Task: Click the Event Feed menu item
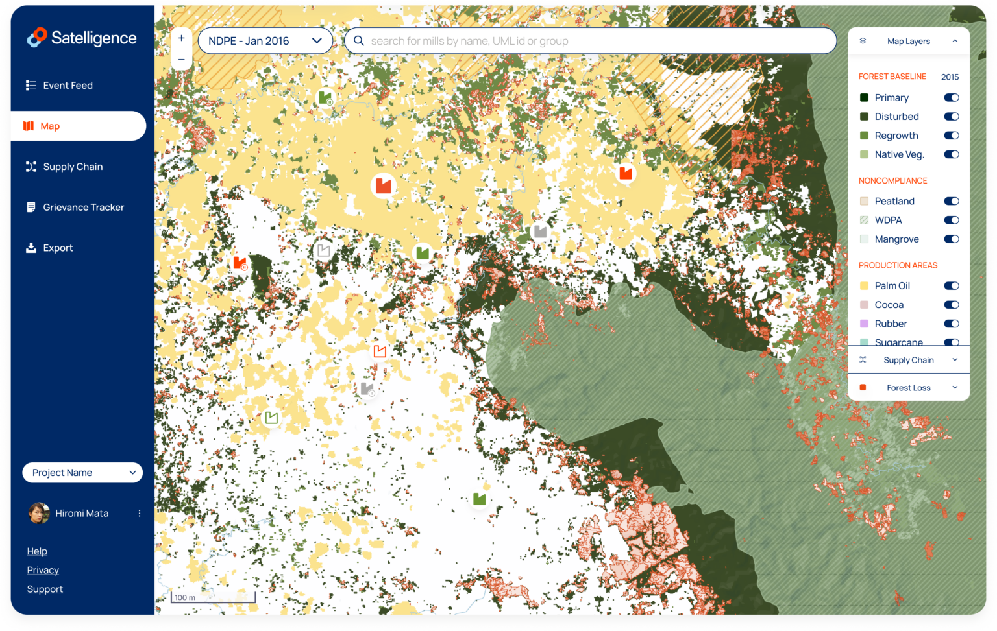(68, 86)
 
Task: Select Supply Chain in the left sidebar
(73, 167)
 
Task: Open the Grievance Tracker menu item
(83, 208)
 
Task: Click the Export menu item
(58, 248)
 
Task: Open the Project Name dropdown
(82, 473)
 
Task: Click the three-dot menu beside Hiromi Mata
(140, 514)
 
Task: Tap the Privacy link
(43, 571)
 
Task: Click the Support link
(45, 589)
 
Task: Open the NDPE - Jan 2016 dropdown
(265, 41)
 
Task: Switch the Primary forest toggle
(951, 98)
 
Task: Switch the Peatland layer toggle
(951, 202)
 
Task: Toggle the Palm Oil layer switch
(951, 286)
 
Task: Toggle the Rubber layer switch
(951, 324)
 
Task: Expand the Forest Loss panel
(909, 388)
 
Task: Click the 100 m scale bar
(213, 597)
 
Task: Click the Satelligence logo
(82, 38)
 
